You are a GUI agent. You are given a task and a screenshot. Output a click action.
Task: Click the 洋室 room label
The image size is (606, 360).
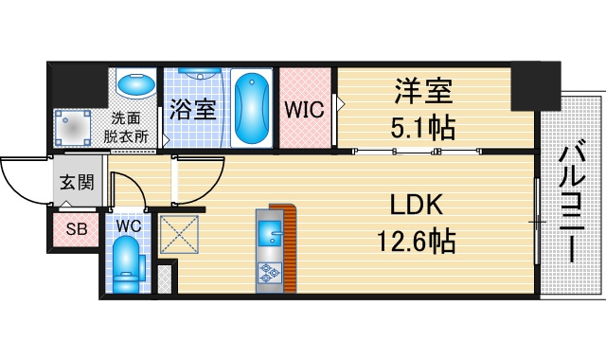pyautogui.click(x=423, y=91)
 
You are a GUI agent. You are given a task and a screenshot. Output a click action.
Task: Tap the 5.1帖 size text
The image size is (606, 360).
pyautogui.click(x=422, y=127)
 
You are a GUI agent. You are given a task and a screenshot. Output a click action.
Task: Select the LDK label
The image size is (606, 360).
pyautogui.click(x=417, y=205)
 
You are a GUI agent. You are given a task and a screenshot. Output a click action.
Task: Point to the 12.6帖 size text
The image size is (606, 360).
pyautogui.click(x=417, y=241)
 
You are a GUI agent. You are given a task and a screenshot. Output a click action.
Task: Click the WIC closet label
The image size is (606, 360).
pyautogui.click(x=305, y=110)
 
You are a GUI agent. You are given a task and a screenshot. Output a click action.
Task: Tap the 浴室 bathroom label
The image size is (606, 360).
pyautogui.click(x=192, y=110)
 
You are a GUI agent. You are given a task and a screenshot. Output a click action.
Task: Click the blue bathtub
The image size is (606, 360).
pyautogui.click(x=252, y=108)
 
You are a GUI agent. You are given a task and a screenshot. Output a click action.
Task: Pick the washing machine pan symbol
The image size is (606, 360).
pyautogui.click(x=73, y=128)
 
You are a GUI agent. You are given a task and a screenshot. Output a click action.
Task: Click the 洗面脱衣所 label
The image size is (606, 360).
pyautogui.click(x=126, y=127)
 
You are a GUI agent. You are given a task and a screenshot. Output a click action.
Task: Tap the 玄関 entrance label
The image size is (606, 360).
pyautogui.click(x=77, y=182)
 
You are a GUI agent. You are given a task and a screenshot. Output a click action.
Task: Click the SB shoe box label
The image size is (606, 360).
pyautogui.click(x=77, y=229)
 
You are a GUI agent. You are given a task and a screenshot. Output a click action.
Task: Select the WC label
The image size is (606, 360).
pyautogui.click(x=129, y=226)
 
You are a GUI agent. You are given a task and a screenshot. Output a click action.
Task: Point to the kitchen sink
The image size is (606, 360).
pyautogui.click(x=270, y=234)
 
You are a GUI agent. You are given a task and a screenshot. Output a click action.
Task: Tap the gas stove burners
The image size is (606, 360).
pyautogui.click(x=269, y=273)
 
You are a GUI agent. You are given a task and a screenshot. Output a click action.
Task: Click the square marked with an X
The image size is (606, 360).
pyautogui.click(x=179, y=234)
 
